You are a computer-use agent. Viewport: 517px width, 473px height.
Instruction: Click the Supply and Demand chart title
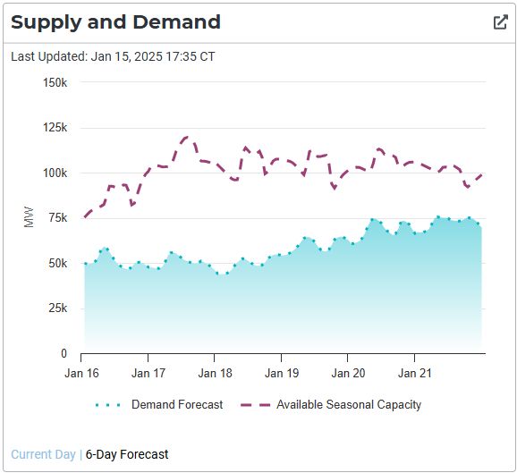coord(116,22)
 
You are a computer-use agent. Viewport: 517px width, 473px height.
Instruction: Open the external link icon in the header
coord(500,22)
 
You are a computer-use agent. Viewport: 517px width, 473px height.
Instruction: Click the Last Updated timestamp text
coord(113,56)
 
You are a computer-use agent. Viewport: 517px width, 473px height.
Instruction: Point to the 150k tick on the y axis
coord(55,82)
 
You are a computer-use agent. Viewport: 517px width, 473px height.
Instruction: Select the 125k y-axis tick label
coord(55,128)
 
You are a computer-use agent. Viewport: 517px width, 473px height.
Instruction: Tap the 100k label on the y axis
coord(55,173)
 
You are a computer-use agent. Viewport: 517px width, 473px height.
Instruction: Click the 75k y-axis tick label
coord(57,218)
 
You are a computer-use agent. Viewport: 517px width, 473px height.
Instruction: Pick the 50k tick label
coord(57,264)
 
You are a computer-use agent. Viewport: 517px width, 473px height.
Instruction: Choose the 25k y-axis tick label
coord(57,308)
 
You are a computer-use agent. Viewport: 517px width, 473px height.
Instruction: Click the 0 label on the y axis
coord(64,354)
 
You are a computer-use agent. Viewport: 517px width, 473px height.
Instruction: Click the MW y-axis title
coord(29,218)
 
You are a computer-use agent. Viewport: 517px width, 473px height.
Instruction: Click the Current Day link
coord(43,454)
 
